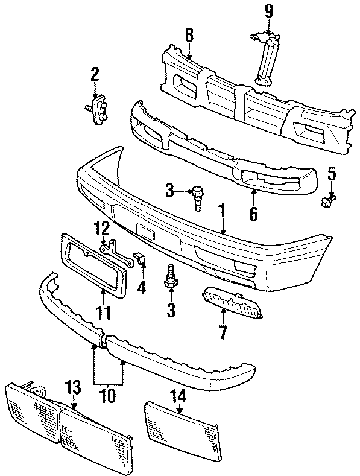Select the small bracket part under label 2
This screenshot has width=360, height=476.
tap(98, 112)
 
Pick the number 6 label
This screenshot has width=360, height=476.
tap(253, 213)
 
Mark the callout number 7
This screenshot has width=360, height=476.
tap(223, 331)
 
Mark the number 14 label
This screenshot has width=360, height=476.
tap(181, 396)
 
